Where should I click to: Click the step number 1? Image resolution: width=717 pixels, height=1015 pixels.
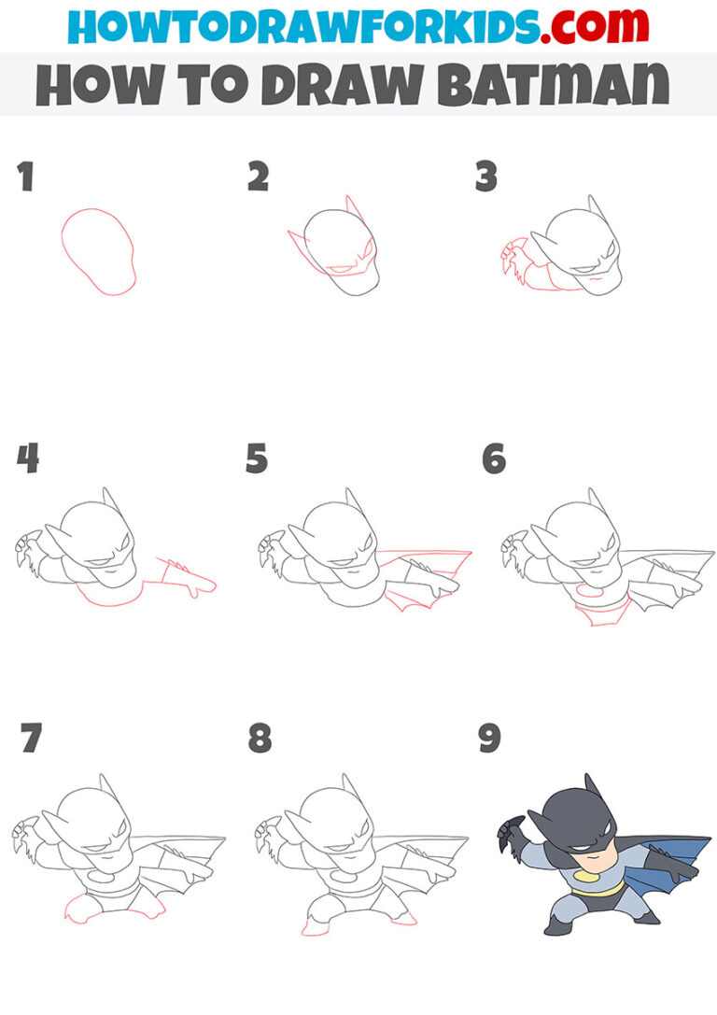click(25, 176)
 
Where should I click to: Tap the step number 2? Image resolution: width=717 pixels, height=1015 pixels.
click(258, 176)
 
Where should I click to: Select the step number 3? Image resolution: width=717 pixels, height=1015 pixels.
click(486, 176)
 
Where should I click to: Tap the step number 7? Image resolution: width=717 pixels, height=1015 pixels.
click(31, 739)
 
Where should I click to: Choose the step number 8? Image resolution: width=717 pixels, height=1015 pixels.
click(260, 739)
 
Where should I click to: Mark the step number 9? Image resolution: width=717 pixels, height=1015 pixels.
click(489, 739)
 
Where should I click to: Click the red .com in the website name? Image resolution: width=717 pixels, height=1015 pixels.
click(586, 26)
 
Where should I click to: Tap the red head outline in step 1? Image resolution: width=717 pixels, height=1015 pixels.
click(98, 250)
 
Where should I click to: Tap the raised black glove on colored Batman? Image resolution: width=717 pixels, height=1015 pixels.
click(513, 831)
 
